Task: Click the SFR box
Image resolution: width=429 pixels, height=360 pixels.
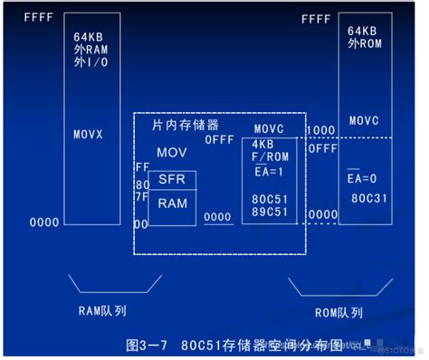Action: [x=172, y=180]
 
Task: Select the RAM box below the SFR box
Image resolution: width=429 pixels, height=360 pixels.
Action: [x=172, y=203]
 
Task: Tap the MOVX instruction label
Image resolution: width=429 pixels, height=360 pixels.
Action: [x=89, y=134]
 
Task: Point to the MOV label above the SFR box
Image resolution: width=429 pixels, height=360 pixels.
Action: [x=171, y=152]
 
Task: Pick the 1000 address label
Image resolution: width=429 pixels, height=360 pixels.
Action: [x=320, y=130]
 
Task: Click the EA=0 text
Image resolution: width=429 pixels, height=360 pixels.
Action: [x=362, y=178]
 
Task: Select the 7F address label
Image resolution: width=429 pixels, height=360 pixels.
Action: [x=140, y=195]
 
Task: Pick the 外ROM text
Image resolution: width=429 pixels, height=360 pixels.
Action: [x=364, y=43]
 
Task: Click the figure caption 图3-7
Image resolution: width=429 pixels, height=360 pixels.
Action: [x=148, y=345]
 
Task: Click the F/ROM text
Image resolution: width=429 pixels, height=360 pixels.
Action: [x=269, y=156]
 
